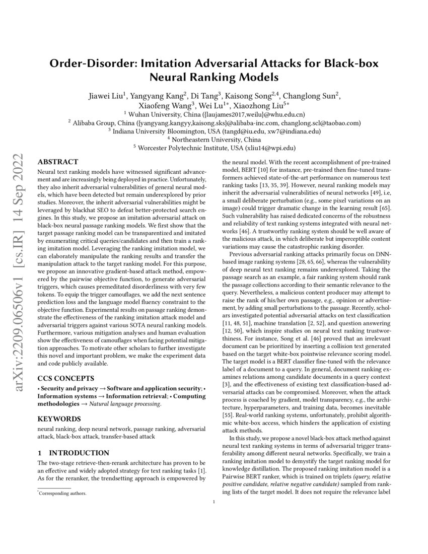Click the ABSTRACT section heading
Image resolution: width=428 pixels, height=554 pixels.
(x=58, y=162)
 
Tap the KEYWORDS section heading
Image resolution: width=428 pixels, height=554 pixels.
(x=59, y=419)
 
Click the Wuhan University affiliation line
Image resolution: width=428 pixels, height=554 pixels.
(x=214, y=114)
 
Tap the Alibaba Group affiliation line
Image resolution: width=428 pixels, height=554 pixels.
(x=214, y=122)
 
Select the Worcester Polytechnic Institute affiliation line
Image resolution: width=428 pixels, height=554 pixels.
(x=214, y=148)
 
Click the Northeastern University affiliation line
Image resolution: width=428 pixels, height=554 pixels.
(x=214, y=139)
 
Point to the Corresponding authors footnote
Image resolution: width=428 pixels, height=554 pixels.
(x=63, y=494)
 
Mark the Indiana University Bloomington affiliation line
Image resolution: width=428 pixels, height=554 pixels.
(x=214, y=131)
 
